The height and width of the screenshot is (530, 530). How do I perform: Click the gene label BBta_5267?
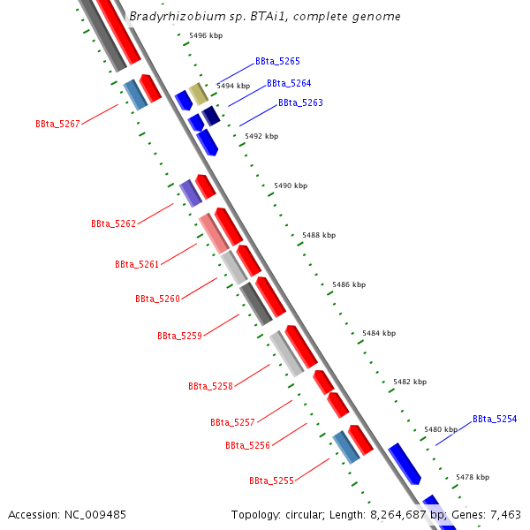[58, 124]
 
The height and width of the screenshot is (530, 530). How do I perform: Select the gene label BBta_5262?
[113, 224]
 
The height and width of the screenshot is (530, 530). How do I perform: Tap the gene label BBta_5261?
[137, 264]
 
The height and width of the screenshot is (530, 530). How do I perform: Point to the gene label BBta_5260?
[157, 299]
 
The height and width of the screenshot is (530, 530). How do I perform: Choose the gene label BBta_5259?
[179, 336]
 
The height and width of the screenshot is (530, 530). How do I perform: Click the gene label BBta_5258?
[210, 386]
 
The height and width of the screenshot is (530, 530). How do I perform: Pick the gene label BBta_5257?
[232, 422]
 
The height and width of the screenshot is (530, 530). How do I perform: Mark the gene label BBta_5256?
[247, 445]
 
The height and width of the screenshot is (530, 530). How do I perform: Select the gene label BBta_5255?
[271, 481]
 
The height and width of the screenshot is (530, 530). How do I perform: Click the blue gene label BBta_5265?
[277, 62]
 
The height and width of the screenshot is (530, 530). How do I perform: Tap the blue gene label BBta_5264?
[289, 84]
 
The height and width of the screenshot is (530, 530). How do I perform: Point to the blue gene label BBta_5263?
[300, 103]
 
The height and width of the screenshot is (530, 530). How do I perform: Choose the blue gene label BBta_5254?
[495, 419]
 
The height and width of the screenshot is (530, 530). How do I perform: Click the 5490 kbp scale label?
[291, 185]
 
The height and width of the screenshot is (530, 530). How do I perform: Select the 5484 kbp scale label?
[379, 333]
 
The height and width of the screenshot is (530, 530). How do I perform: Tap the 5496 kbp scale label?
[206, 35]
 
